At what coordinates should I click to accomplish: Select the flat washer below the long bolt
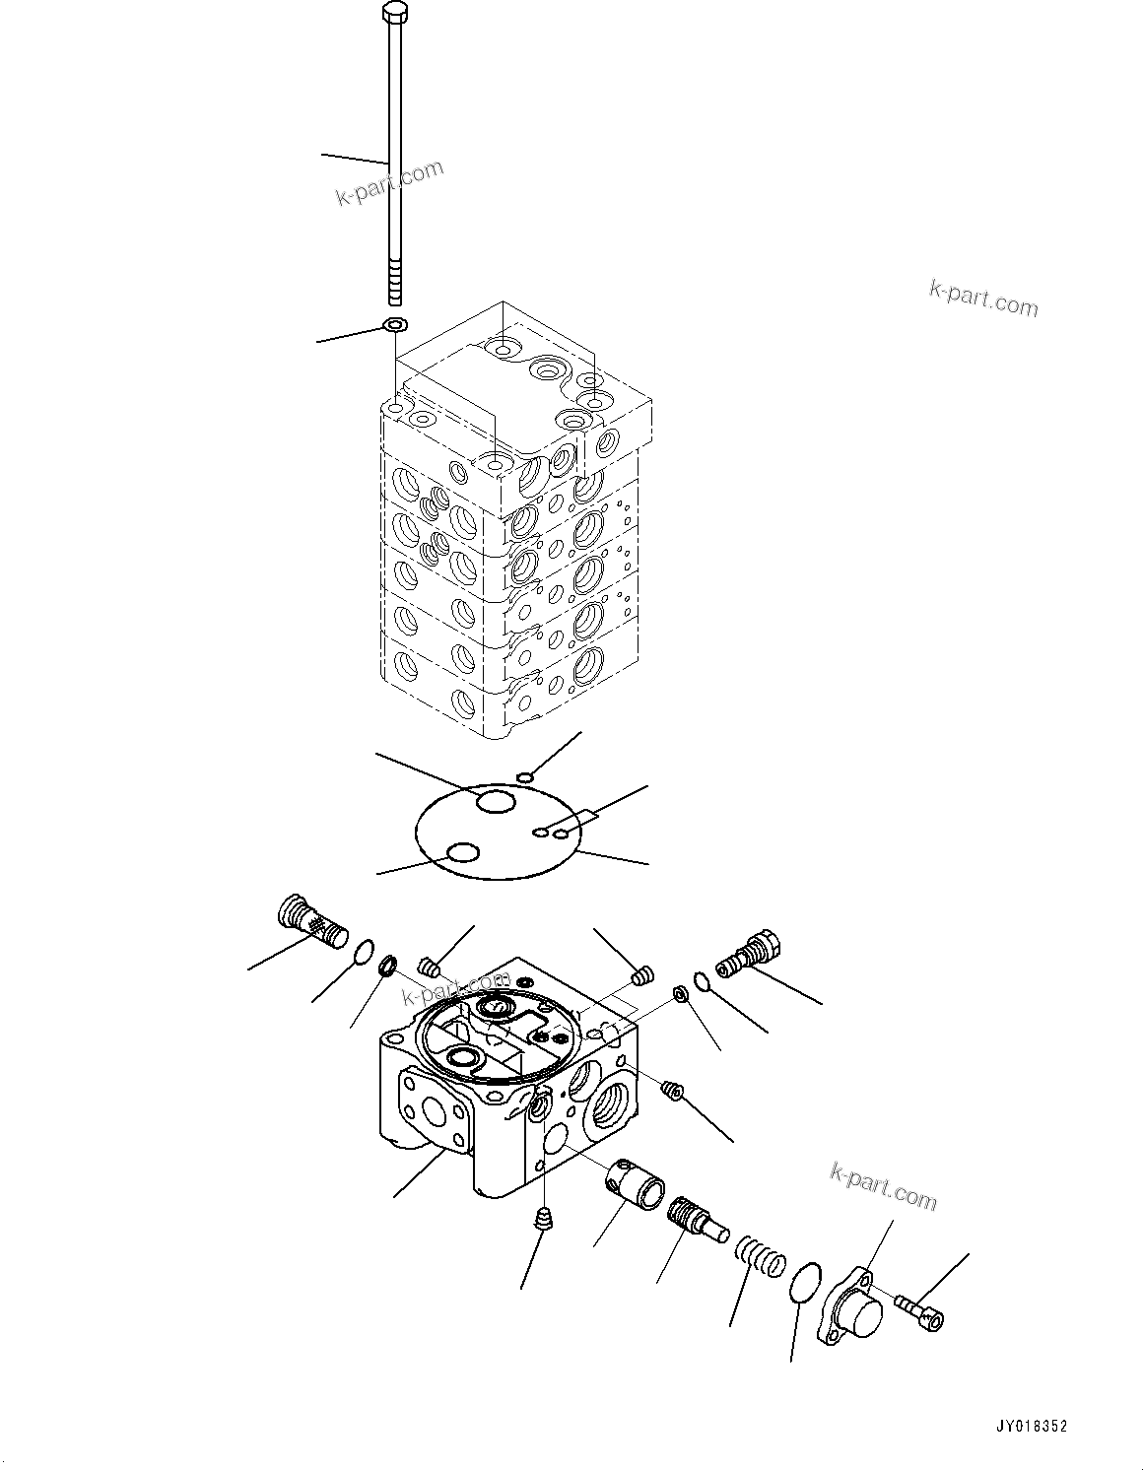(394, 326)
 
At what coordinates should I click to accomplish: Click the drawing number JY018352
(1031, 1426)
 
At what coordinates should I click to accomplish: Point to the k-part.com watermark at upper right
(983, 299)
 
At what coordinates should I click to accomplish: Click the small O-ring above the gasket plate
(527, 779)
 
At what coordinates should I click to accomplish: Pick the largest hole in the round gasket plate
(496, 802)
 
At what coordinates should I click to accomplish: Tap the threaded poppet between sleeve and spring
(697, 1218)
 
